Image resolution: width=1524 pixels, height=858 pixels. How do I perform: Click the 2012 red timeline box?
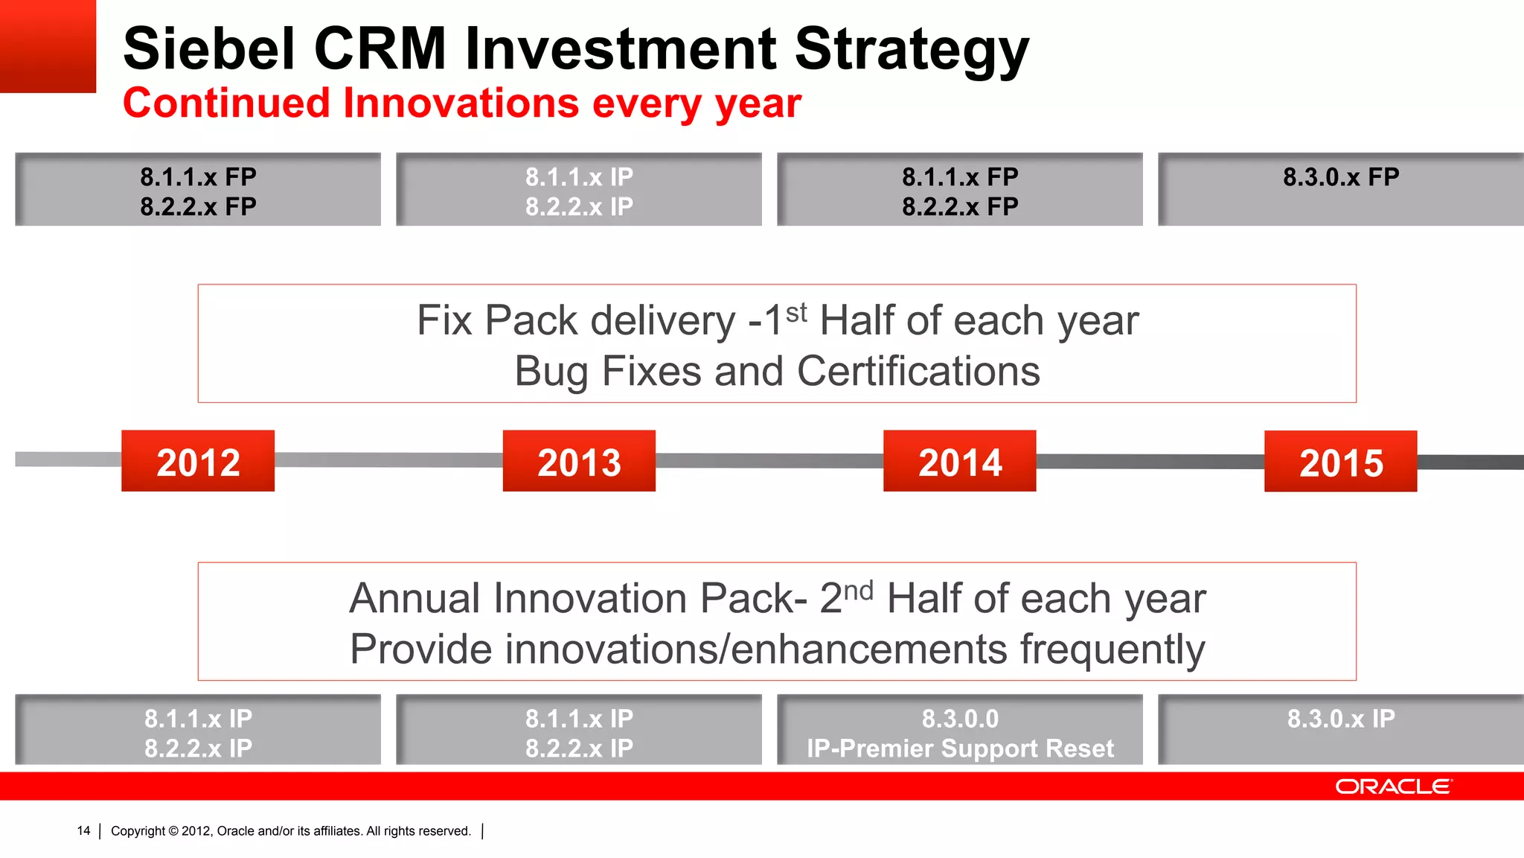tap(198, 461)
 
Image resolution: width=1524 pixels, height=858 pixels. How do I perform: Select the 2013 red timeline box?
tap(579, 461)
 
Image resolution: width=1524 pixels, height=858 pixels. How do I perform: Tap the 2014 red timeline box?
tap(960, 461)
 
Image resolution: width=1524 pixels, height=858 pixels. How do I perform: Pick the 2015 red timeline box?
tap(1340, 462)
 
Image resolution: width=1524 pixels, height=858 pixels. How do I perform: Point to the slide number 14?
tap(83, 830)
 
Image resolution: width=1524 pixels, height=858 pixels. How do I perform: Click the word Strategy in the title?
tap(912, 49)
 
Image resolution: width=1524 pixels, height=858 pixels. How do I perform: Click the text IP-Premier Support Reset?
tap(960, 748)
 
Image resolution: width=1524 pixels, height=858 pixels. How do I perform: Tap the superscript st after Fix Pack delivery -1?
tap(796, 312)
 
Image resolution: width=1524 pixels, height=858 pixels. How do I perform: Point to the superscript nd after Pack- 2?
tap(858, 591)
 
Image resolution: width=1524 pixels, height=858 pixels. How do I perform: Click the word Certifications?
tap(918, 371)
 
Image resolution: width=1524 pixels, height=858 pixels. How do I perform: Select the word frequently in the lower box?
tap(1112, 649)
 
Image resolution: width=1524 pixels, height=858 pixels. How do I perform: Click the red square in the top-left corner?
tap(48, 46)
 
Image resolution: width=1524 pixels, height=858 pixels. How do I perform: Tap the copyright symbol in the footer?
tap(173, 831)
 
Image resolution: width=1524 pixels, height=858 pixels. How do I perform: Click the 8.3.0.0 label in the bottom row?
tap(960, 719)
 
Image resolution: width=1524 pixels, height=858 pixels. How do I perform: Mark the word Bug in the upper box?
tap(551, 371)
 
